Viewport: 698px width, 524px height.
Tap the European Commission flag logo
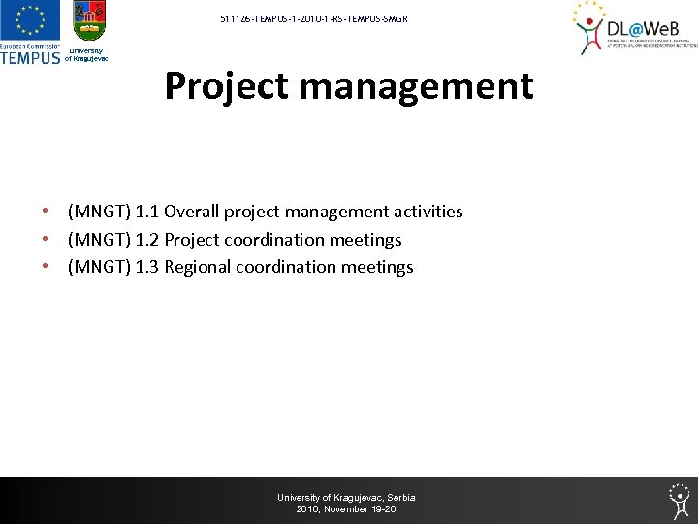29,21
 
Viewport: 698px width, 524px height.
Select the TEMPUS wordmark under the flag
30,57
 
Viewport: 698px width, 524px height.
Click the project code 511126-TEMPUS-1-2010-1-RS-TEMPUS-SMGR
314,18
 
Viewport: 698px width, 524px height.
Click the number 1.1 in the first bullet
147,212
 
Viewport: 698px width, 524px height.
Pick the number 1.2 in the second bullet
147,240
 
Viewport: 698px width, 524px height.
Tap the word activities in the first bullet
428,212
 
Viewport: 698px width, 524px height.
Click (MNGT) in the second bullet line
98,240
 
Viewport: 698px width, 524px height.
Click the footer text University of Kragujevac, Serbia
346,498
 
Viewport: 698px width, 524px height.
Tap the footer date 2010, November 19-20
346,509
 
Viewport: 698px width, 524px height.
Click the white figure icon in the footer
680,499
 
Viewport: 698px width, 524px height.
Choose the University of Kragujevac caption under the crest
86,54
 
